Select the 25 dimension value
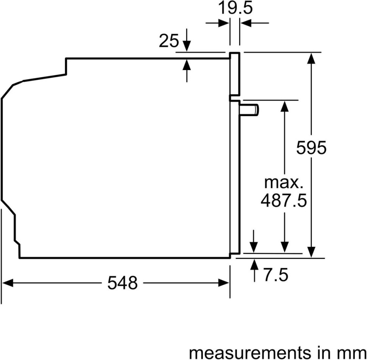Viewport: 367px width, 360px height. [x=168, y=41]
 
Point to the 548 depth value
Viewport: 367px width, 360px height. [x=122, y=283]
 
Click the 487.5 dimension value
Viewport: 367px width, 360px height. [x=283, y=201]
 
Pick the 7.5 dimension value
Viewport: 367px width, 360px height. [x=276, y=275]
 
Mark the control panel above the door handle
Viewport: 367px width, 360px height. [x=235, y=74]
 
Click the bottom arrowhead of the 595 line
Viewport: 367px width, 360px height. [x=311, y=252]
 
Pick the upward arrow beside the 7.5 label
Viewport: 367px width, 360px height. [x=253, y=264]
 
